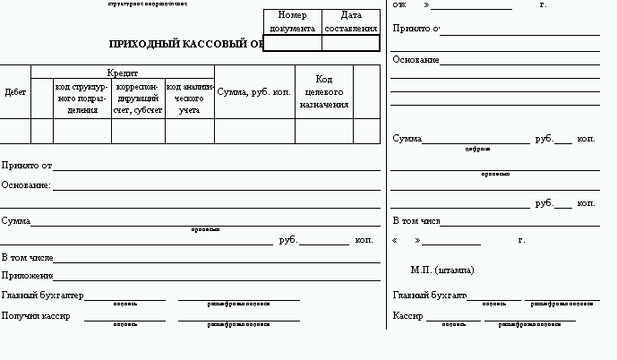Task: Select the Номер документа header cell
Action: pyautogui.click(x=292, y=22)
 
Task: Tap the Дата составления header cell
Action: pyautogui.click(x=351, y=22)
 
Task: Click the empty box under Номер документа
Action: pyautogui.click(x=292, y=43)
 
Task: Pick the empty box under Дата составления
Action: pyautogui.click(x=351, y=43)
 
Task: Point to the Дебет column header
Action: pyautogui.click(x=15, y=91)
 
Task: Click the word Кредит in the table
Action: pyautogui.click(x=123, y=72)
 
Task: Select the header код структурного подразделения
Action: pyautogui.click(x=82, y=99)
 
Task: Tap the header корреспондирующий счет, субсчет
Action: pyautogui.click(x=138, y=99)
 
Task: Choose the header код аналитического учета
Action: pyautogui.click(x=190, y=99)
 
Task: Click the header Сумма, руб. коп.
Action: pyautogui.click(x=254, y=91)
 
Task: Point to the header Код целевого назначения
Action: pyautogui.click(x=324, y=92)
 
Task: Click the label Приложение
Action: pyautogui.click(x=28, y=276)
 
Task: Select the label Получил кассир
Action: pyautogui.click(x=37, y=315)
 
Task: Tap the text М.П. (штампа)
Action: pyautogui.click(x=442, y=270)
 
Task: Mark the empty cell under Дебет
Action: pyautogui.click(x=15, y=131)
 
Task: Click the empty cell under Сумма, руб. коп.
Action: pyautogui.click(x=254, y=131)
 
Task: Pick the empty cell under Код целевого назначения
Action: pyautogui.click(x=324, y=131)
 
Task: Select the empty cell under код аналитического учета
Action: pyautogui.click(x=190, y=131)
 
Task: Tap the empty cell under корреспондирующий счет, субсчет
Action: pyautogui.click(x=138, y=131)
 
